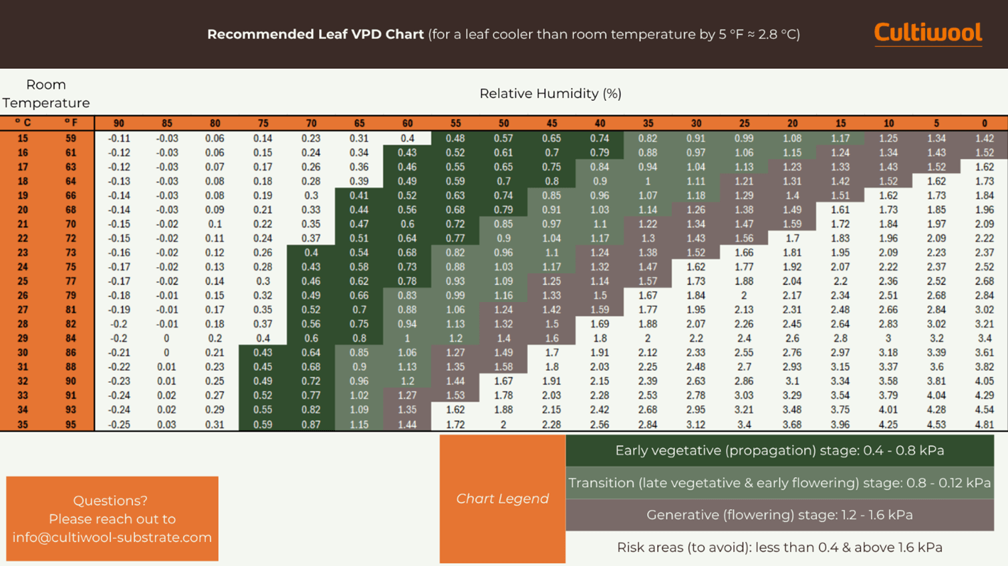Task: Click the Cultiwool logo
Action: pos(928,33)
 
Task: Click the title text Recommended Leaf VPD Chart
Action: pos(315,34)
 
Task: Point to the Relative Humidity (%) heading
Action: pos(550,94)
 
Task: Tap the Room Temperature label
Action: pos(45,94)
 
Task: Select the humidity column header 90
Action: pos(118,123)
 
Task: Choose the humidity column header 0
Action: pos(984,123)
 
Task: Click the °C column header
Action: pos(23,123)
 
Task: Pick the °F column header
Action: pos(70,123)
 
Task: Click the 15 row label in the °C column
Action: pos(23,138)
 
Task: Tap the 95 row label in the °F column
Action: pos(70,424)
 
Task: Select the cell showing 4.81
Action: pos(984,424)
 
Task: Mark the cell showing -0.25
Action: pos(118,424)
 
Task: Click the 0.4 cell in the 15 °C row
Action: pos(407,138)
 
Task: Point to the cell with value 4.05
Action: pos(984,381)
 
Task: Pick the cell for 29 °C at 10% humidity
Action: pos(888,338)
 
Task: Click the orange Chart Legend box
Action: pos(502,499)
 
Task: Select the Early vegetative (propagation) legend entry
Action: pos(779,450)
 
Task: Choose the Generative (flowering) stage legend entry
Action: pos(779,515)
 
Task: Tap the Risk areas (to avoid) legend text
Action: pos(779,547)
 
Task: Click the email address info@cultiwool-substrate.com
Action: pos(112,537)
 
